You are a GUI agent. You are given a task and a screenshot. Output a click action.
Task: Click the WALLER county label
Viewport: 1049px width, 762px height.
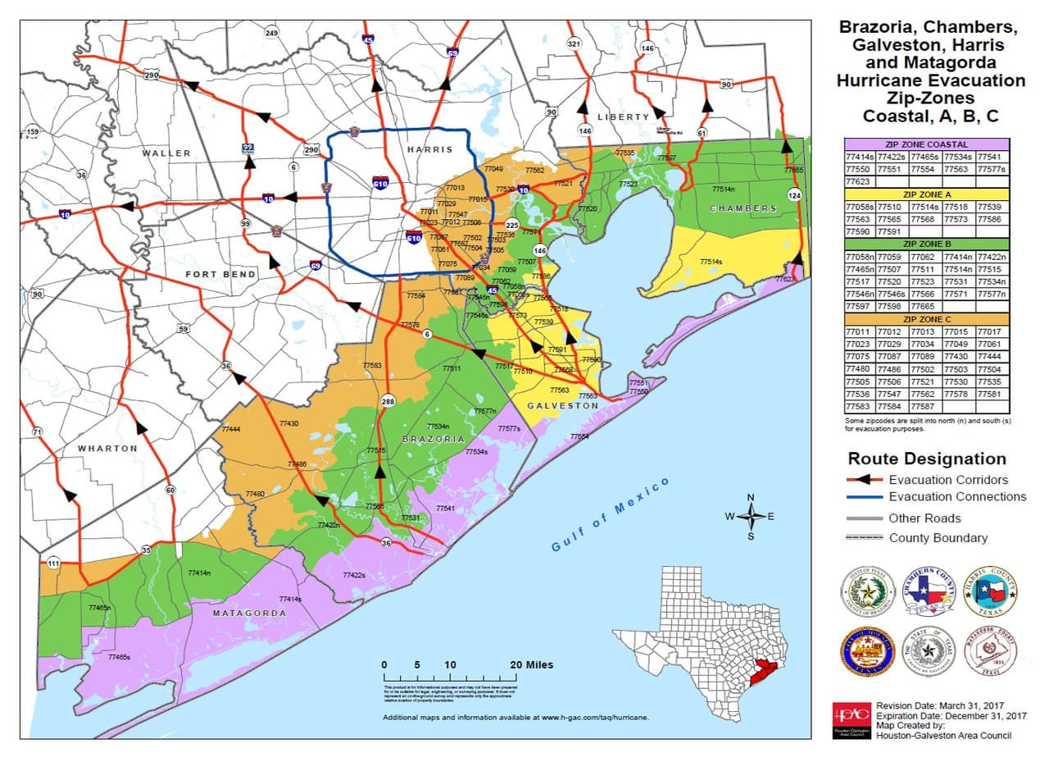(x=166, y=153)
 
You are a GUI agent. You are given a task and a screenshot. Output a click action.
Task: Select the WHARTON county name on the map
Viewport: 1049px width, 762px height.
(x=107, y=449)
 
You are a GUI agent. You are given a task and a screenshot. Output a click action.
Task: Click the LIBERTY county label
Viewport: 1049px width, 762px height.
(x=623, y=117)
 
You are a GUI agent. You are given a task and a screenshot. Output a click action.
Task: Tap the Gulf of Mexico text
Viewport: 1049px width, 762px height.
(x=611, y=514)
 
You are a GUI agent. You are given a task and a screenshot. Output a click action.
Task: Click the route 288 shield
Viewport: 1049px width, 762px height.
(x=388, y=401)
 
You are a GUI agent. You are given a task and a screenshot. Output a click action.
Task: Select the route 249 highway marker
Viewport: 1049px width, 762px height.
(x=271, y=32)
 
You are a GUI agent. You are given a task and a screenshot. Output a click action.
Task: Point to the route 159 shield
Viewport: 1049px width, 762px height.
(x=32, y=132)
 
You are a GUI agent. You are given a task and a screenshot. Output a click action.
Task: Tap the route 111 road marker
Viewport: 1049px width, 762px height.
(x=53, y=563)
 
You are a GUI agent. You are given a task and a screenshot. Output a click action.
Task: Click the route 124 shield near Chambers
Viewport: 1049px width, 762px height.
(x=793, y=195)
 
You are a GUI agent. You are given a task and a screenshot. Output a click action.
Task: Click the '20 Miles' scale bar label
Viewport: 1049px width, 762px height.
(x=530, y=664)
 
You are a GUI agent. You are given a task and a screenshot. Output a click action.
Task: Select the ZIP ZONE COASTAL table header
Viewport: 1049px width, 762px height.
(x=926, y=144)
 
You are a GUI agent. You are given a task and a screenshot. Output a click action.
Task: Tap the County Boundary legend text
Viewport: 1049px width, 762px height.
(x=938, y=538)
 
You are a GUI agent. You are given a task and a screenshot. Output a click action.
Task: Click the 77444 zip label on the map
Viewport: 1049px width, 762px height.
(x=231, y=430)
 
